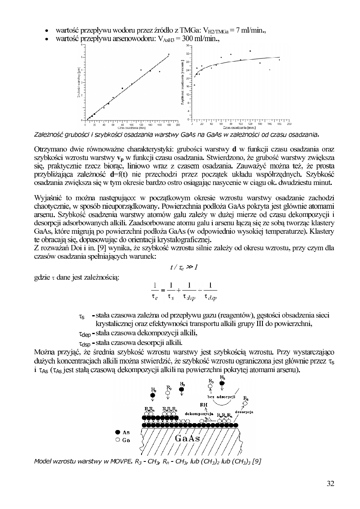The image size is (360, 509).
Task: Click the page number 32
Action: tap(330, 484)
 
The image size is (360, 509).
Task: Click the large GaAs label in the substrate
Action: tap(187, 438)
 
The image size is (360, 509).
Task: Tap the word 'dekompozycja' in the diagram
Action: tap(199, 413)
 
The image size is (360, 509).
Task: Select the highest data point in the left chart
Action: tap(169, 54)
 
